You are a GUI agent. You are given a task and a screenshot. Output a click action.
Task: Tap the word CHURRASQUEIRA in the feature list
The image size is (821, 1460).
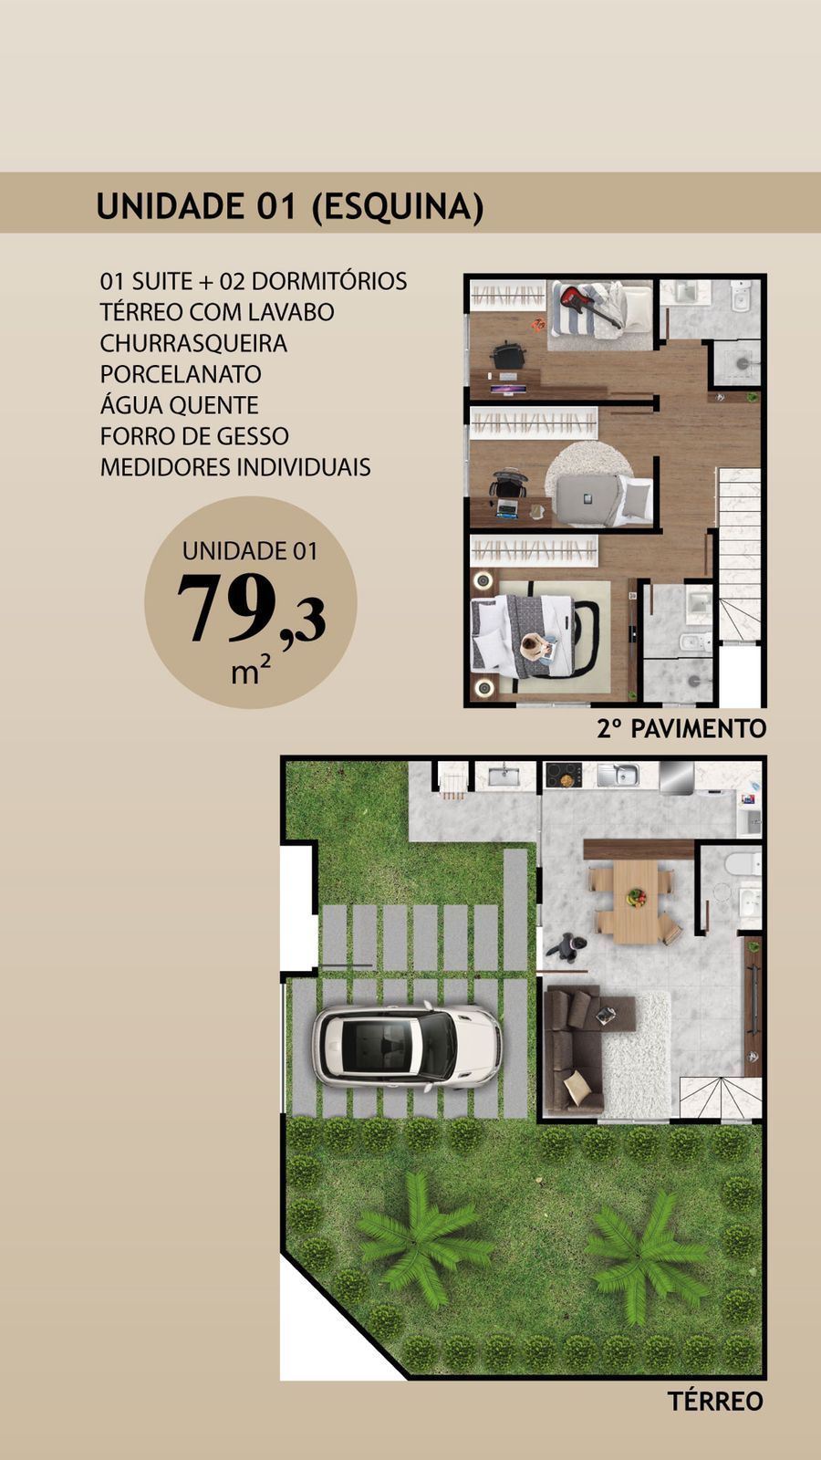pos(193,343)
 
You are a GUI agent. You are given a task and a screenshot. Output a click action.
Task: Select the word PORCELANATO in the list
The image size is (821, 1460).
pos(181,374)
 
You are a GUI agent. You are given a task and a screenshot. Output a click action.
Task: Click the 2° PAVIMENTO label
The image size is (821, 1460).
pos(681,728)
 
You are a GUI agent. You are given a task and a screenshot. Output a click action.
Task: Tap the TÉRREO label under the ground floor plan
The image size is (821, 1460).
pos(714,1401)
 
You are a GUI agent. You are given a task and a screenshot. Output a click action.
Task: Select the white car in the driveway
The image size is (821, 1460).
pos(407,1047)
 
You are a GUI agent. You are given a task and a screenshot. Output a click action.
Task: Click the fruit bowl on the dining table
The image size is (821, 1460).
pos(636,898)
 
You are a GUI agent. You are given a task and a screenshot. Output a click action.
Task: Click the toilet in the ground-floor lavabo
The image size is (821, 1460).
pos(742,863)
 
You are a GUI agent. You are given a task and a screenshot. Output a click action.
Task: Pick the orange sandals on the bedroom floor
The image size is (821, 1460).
pos(538,324)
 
